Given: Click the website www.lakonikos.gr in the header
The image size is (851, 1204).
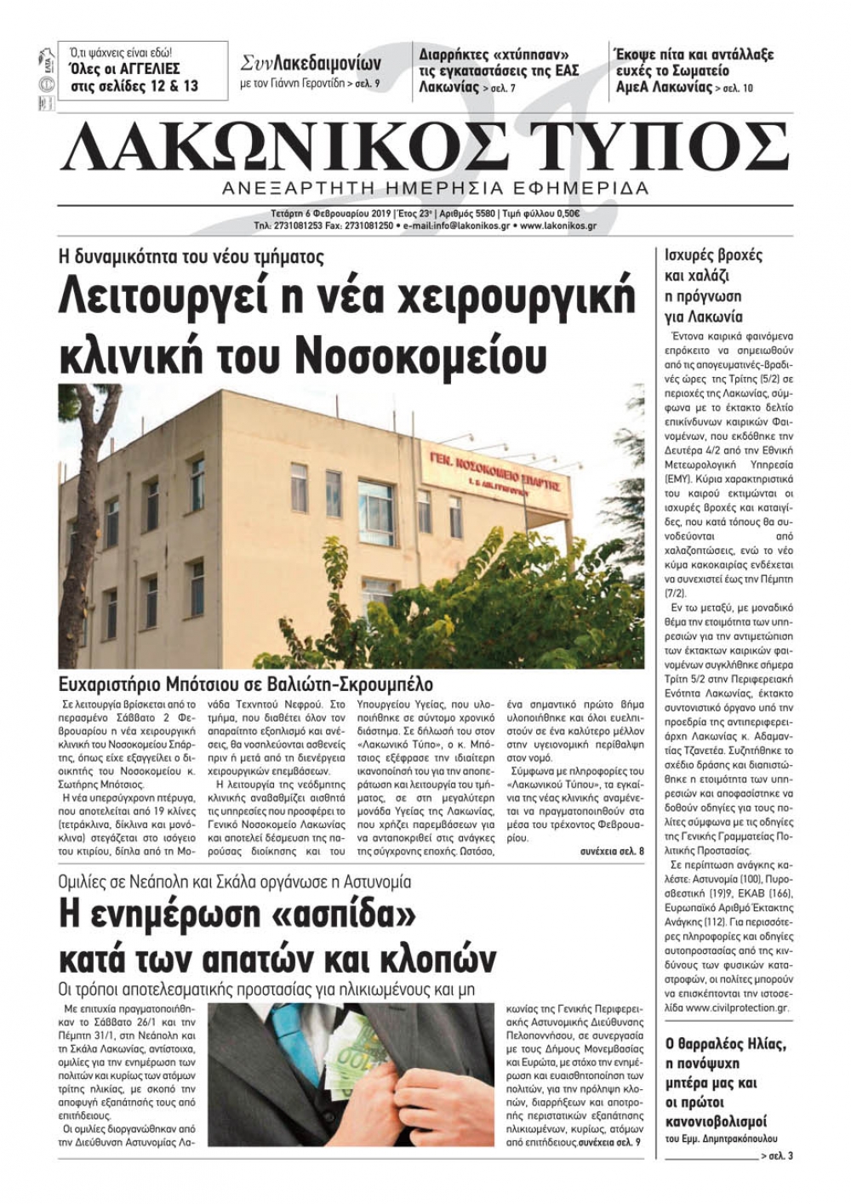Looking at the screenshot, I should point(557,226).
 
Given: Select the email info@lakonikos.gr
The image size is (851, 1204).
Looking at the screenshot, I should point(460,226).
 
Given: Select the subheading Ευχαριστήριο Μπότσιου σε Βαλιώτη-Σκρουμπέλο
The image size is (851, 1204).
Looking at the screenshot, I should point(246,684).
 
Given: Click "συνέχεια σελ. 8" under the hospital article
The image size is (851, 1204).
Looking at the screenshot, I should point(612,850).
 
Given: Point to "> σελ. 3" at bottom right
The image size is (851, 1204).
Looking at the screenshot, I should point(776,1155).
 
